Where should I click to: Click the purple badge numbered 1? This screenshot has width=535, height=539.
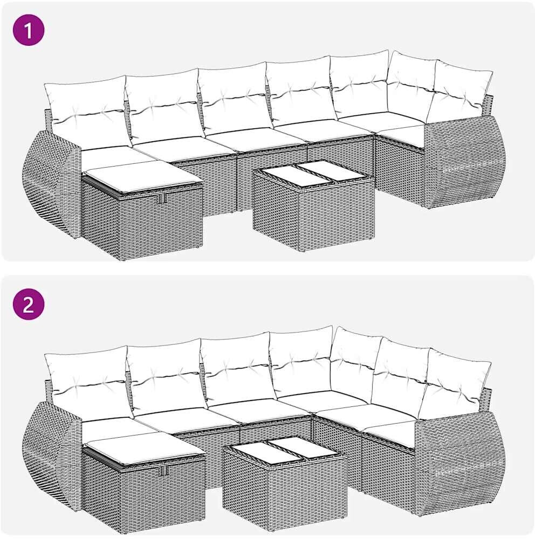coord(29,31)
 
